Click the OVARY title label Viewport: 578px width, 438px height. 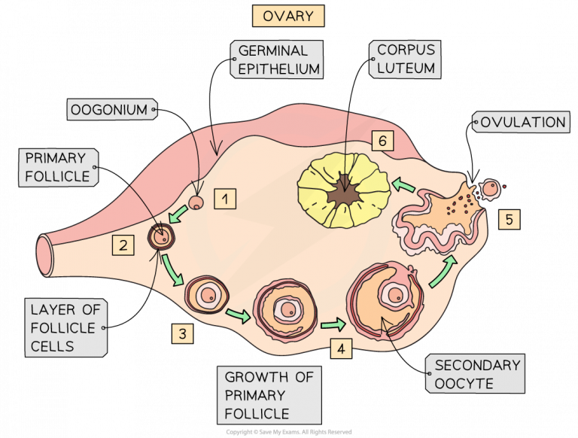[288, 15]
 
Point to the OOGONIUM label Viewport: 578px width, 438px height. [110, 110]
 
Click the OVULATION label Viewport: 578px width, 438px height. [522, 122]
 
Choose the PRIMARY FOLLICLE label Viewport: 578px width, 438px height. [57, 167]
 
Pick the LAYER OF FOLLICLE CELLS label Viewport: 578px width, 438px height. [63, 327]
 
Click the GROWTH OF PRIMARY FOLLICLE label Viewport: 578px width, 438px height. [269, 394]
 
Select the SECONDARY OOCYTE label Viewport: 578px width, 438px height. [477, 374]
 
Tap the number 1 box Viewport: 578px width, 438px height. [225, 199]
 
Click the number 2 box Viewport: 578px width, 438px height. [123, 244]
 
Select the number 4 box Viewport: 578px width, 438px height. [340, 348]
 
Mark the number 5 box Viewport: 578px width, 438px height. [508, 220]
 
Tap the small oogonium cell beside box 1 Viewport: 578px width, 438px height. [196, 202]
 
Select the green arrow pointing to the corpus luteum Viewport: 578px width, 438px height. [403, 185]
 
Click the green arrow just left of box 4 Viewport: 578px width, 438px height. [332, 325]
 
